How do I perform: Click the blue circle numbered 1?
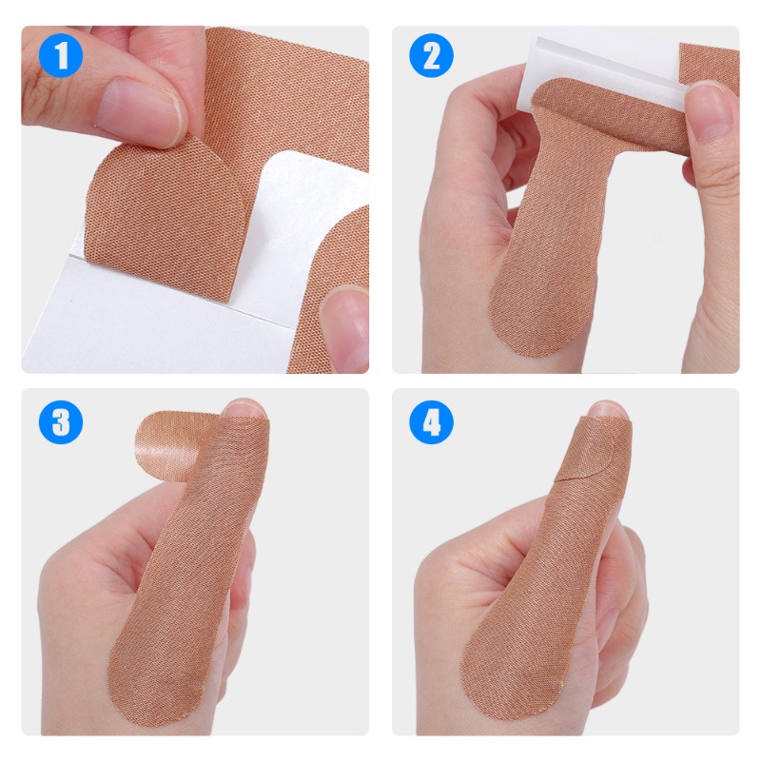(61, 55)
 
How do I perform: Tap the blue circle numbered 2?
(432, 55)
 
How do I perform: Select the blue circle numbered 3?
(61, 421)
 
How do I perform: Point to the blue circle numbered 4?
(432, 421)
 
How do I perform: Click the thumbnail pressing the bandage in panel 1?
(141, 111)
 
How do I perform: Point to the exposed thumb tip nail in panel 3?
(245, 409)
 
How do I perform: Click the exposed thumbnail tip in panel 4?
(607, 411)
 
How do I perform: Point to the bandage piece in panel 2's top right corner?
(710, 63)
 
